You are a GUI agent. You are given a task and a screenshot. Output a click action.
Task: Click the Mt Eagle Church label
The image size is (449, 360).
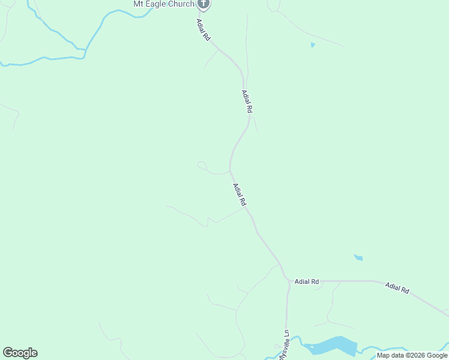(163, 4)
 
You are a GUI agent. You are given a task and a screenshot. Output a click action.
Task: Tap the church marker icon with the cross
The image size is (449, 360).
(203, 4)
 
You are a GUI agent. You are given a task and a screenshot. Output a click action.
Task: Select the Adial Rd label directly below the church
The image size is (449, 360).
(203, 29)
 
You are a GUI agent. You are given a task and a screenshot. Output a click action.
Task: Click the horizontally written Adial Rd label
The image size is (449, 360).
(306, 281)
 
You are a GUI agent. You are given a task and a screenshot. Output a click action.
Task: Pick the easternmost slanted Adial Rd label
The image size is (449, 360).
(397, 288)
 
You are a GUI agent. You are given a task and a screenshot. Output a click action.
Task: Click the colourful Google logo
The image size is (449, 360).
(20, 353)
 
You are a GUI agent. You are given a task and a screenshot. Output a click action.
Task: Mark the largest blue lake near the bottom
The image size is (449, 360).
(332, 346)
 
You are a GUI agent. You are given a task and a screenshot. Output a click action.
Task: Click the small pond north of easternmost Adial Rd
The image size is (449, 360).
(358, 258)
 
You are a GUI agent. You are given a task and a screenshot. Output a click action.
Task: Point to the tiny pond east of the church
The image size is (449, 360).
(312, 44)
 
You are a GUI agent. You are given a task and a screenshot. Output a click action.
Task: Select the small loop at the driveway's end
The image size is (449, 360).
(202, 165)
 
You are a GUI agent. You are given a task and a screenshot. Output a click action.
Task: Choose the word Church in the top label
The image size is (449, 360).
(181, 4)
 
